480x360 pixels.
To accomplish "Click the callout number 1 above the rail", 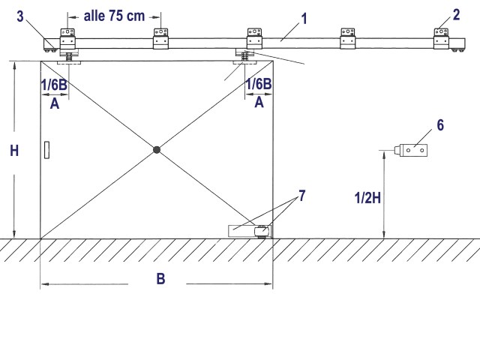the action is click(x=304, y=19).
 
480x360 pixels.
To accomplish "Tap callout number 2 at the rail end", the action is click(x=456, y=15).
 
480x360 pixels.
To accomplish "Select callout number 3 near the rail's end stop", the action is click(x=20, y=16).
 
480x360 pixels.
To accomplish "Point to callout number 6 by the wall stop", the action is click(x=440, y=125).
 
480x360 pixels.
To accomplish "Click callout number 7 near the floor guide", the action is click(x=301, y=196).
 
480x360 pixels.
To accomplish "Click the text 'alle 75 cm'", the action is click(x=114, y=16).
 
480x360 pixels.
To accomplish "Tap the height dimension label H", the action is click(x=14, y=151).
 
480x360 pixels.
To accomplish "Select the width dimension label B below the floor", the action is click(x=160, y=279).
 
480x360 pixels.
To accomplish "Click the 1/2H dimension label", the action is click(x=367, y=198).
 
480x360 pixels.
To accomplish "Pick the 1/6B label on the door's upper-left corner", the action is click(x=54, y=85).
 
